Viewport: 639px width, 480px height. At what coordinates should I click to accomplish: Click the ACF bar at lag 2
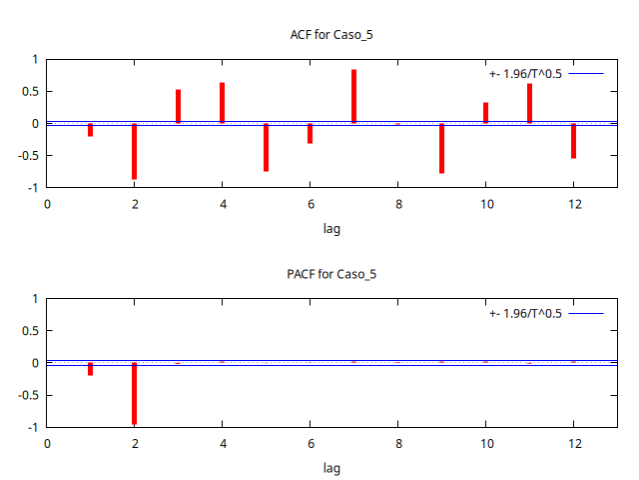click(x=134, y=151)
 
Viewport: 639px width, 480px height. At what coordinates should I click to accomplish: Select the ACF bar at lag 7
click(x=353, y=97)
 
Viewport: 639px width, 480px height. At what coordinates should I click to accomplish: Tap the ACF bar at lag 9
click(x=441, y=148)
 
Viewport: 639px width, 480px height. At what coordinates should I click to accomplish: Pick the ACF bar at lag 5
click(x=266, y=147)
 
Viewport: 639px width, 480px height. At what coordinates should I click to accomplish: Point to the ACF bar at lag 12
click(x=573, y=141)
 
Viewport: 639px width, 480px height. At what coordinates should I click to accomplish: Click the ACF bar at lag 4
click(x=222, y=103)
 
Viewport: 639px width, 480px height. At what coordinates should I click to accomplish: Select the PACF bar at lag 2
click(x=134, y=393)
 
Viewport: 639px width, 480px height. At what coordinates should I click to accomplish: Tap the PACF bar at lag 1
click(x=90, y=369)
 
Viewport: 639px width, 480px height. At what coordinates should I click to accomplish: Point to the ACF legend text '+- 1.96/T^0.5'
click(x=525, y=74)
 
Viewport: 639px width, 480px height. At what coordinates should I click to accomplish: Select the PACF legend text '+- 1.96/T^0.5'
click(x=525, y=314)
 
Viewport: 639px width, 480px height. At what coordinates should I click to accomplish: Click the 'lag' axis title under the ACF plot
click(x=331, y=228)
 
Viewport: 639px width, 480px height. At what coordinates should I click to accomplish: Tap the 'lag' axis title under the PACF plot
click(x=331, y=467)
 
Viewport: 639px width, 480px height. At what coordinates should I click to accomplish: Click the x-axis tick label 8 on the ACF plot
click(x=397, y=204)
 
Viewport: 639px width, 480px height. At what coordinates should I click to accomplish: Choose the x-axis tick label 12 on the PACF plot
click(x=573, y=443)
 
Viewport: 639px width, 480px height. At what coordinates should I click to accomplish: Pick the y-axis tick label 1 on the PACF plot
click(x=34, y=299)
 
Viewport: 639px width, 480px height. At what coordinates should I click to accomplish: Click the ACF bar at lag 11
click(x=529, y=104)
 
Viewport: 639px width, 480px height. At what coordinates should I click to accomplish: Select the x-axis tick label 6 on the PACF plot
click(x=310, y=443)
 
